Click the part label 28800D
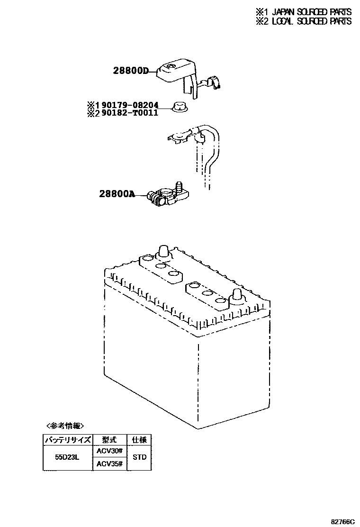(130, 71)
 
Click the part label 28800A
(117, 194)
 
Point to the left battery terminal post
(163, 253)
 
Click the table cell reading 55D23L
(67, 457)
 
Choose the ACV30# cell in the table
(109, 451)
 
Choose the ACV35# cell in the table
(109, 464)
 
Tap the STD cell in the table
(139, 457)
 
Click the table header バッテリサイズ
(67, 439)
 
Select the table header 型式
(109, 439)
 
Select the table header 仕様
(139, 439)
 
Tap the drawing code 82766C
(342, 521)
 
